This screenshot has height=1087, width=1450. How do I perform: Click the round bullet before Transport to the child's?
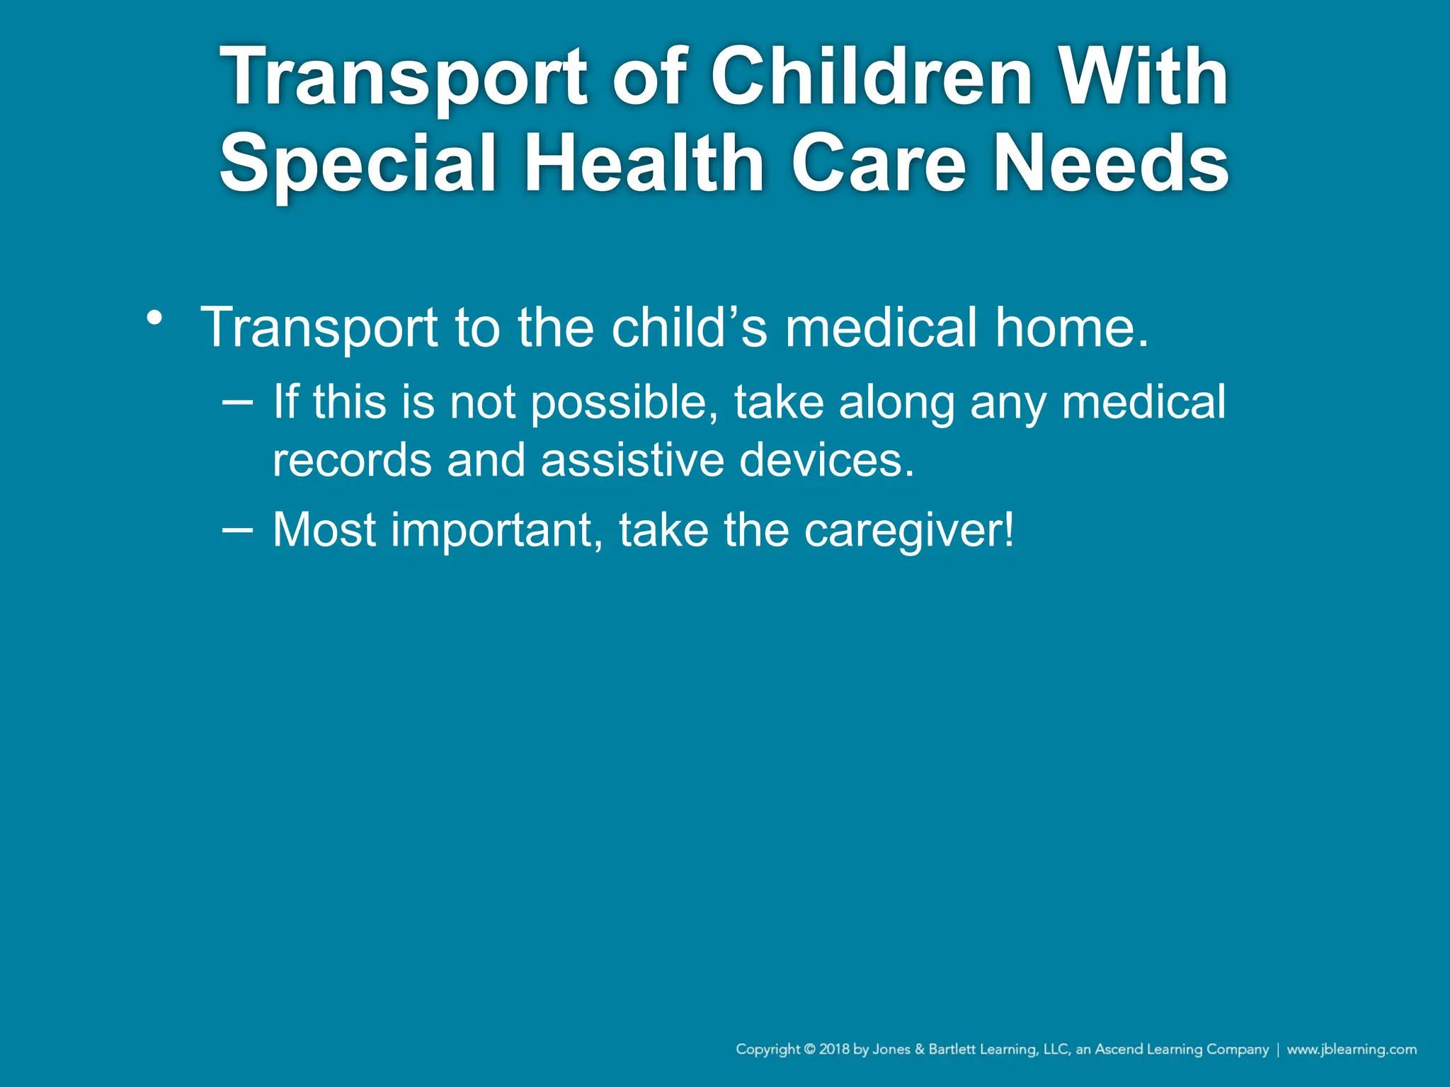[154, 318]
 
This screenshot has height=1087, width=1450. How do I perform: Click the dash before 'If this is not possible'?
[236, 402]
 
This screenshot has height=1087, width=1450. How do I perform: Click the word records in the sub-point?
[351, 460]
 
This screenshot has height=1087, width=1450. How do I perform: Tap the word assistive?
[632, 460]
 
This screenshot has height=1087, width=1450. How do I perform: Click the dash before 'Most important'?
[236, 529]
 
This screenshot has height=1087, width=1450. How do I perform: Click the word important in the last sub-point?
[496, 530]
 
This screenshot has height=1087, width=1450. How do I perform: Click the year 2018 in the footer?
[834, 1049]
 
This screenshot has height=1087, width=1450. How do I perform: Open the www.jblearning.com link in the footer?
[1352, 1049]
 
